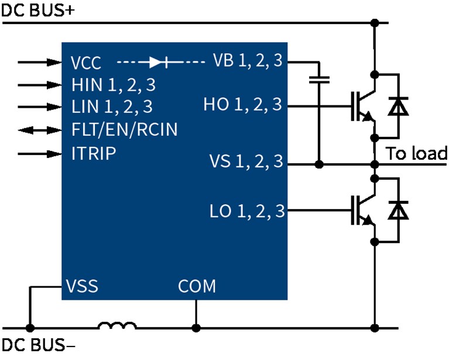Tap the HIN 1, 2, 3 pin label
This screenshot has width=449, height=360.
pyautogui.click(x=113, y=85)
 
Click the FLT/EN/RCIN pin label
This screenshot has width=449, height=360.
pyautogui.click(x=124, y=129)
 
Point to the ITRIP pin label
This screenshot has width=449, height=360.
pyautogui.click(x=93, y=153)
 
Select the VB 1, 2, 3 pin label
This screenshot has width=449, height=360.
pyautogui.click(x=248, y=61)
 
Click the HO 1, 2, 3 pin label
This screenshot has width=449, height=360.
pyautogui.click(x=242, y=106)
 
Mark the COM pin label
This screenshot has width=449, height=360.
pyautogui.click(x=197, y=287)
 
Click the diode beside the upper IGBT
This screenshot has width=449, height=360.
pyautogui.click(x=399, y=106)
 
